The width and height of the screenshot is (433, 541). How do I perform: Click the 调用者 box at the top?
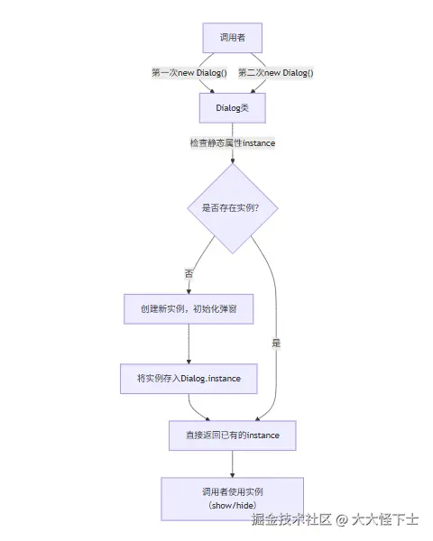point(233,38)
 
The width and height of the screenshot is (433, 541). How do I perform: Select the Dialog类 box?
point(233,106)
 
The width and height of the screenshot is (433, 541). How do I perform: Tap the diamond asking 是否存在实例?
point(233,208)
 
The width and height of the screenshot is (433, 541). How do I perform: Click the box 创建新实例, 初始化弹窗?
point(189,308)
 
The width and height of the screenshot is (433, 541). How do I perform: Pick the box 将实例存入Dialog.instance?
point(189,378)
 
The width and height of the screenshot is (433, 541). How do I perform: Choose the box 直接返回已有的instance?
point(233,436)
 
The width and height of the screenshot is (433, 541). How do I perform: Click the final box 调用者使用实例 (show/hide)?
point(233,499)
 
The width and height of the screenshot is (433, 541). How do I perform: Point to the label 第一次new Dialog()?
point(189,72)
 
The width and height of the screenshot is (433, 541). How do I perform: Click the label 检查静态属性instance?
point(233,142)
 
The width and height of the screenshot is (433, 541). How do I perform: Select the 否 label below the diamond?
point(189,271)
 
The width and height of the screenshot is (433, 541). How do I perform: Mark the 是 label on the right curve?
point(276,344)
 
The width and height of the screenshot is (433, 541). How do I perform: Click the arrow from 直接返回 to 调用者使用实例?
point(233,464)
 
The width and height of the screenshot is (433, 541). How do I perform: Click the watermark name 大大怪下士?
point(385,519)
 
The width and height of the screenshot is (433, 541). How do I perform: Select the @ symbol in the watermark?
point(342,520)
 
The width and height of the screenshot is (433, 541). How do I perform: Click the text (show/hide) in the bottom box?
point(233,506)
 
